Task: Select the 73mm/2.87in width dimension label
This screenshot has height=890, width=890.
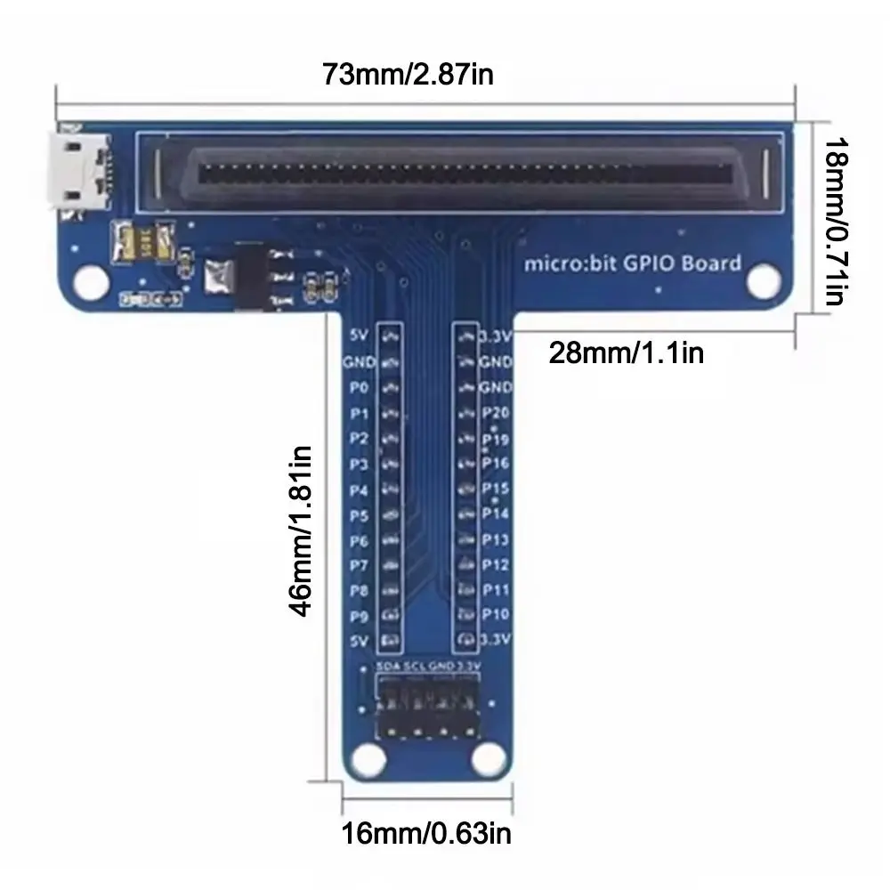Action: point(408,74)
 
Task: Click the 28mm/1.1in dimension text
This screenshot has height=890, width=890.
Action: point(627,353)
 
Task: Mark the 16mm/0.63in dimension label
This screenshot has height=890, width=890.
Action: point(427,834)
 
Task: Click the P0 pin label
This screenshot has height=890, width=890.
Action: point(358,388)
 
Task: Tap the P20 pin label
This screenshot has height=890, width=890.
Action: point(495,413)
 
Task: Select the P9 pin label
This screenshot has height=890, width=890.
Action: point(358,615)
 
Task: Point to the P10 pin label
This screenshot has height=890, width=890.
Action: point(495,614)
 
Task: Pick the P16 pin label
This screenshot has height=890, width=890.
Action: point(495,463)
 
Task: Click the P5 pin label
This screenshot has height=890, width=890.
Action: point(358,515)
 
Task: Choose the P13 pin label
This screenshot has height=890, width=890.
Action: point(495,539)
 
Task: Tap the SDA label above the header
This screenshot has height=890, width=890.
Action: point(387,667)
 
